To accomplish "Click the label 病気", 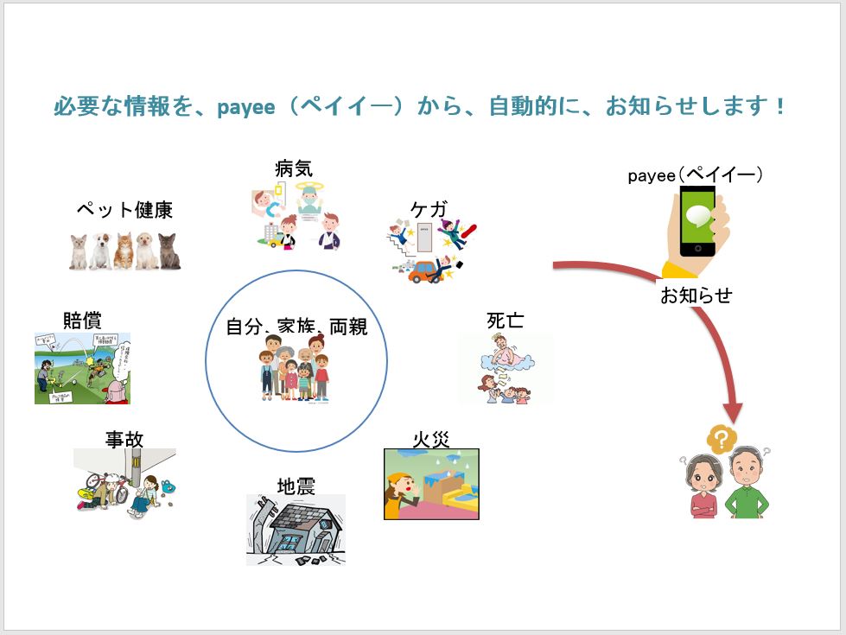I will [293, 169].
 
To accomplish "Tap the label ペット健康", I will [124, 210].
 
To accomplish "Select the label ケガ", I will [428, 209].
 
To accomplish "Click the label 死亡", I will [505, 321].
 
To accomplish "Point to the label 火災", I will [430, 439].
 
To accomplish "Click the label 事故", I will [124, 439].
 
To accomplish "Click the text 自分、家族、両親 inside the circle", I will [296, 327].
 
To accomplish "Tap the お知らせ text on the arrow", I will [696, 295].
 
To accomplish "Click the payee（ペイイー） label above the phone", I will [696, 175].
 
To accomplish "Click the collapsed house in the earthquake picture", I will [296, 530].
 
